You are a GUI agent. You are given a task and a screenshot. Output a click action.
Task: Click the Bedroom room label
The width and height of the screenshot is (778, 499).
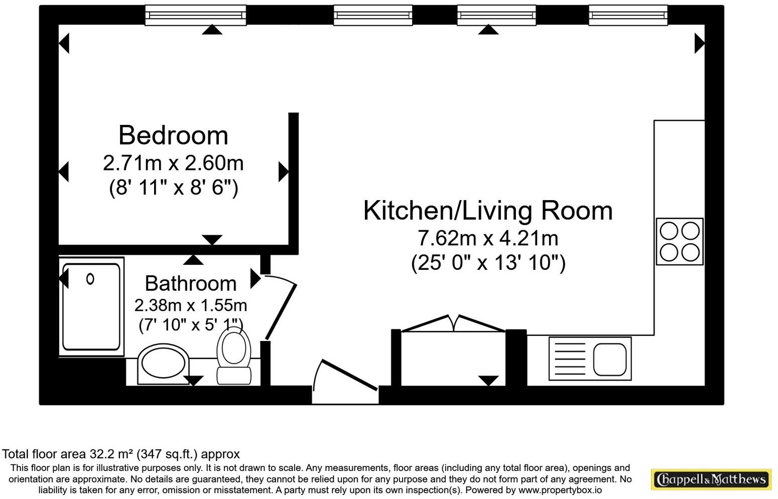(173, 135)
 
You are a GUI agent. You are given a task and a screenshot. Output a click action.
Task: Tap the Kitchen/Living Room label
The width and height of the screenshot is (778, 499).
(488, 210)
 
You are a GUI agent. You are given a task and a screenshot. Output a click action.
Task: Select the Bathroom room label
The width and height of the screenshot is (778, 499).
(190, 283)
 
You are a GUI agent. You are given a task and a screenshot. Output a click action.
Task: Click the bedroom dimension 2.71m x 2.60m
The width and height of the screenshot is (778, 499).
(173, 163)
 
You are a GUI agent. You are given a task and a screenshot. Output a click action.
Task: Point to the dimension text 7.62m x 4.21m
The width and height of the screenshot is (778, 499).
(488, 238)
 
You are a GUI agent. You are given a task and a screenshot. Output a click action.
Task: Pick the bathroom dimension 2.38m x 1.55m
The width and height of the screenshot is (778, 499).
(190, 305)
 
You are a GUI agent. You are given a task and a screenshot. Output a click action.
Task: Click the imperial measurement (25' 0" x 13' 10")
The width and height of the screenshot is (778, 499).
(488, 263)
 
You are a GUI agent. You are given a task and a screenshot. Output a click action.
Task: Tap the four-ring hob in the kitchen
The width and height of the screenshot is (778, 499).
(679, 241)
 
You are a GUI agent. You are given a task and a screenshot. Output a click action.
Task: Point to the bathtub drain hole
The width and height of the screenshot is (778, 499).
(90, 279)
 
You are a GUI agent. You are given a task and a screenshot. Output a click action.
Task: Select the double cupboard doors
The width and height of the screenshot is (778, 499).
(453, 323)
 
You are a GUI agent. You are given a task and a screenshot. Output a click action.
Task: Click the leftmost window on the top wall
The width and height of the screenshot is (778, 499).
(195, 16)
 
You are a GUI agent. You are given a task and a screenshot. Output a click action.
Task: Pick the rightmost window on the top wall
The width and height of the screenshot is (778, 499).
(628, 16)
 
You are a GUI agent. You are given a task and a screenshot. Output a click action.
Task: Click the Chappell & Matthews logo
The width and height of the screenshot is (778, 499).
(711, 479)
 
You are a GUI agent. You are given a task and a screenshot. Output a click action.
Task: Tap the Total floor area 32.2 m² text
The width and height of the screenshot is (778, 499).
(121, 454)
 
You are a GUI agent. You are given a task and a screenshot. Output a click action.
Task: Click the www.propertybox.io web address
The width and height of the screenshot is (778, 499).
(560, 490)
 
